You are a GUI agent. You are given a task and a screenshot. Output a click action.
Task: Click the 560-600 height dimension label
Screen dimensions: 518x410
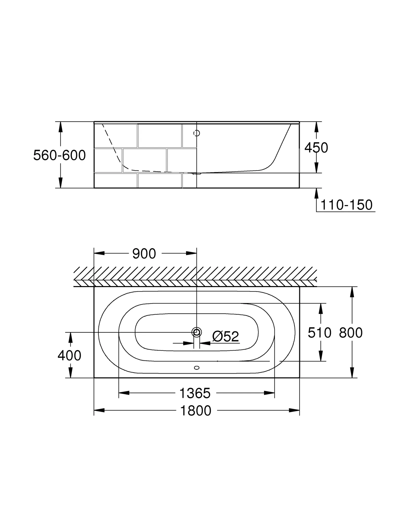[x=59, y=155]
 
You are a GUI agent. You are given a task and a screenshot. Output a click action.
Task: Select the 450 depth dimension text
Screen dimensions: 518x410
[x=316, y=148]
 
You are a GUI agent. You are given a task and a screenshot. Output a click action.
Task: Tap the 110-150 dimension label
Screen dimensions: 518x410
[x=346, y=205]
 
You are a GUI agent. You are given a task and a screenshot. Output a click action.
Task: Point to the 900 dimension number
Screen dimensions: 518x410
[x=144, y=254]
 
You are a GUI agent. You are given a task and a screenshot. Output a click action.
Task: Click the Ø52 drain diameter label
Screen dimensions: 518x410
[x=226, y=337]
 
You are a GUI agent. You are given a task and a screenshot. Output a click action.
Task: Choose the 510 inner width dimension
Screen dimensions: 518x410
[x=319, y=333]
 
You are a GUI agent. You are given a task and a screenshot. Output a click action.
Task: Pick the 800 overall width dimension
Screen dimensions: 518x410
[x=351, y=333]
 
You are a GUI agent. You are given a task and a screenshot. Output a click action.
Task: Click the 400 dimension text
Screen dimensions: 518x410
[x=69, y=355]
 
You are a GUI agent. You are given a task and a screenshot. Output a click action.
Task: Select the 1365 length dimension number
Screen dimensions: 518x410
[x=195, y=393]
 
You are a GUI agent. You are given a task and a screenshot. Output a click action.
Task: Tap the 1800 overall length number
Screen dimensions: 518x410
[x=196, y=411]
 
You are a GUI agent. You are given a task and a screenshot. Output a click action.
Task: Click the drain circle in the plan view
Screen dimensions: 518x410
[x=197, y=332]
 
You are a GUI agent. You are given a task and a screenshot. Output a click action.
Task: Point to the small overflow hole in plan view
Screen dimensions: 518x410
[x=197, y=368]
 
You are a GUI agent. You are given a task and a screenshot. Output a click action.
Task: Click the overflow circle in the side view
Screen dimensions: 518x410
[x=197, y=133]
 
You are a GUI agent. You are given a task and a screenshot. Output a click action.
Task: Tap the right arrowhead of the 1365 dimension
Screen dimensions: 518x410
[x=269, y=393]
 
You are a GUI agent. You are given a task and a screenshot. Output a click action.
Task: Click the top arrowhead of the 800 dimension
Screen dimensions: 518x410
[x=352, y=292]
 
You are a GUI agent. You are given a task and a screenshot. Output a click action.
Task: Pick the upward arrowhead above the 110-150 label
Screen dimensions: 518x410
[x=316, y=193]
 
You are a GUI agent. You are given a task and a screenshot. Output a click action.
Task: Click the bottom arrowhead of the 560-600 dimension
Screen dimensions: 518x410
[x=60, y=183]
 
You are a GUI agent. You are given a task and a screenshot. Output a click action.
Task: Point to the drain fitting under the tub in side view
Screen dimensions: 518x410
[x=197, y=174]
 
